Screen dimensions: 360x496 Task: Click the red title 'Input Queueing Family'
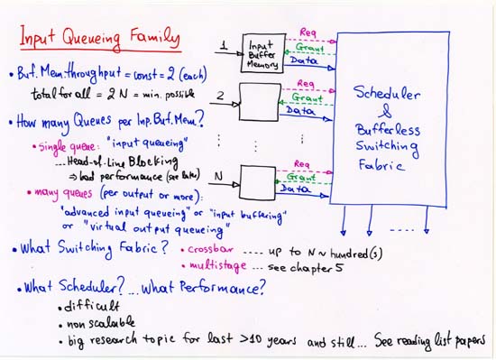[x=100, y=39]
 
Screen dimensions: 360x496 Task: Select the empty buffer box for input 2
[x=260, y=101]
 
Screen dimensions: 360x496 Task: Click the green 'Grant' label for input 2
[x=307, y=97]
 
